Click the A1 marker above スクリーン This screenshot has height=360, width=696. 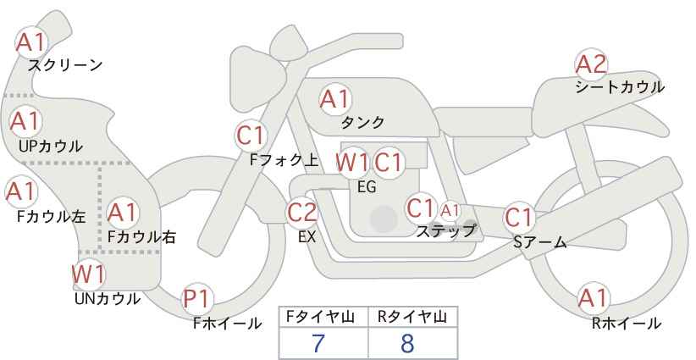30,42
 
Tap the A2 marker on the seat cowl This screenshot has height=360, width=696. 591,64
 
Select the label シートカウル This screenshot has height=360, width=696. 620,87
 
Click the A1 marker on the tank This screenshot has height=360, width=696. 335,99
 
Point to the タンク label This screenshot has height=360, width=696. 362,122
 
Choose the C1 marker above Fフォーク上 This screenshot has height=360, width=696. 251,136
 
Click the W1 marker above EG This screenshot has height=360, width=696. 351,163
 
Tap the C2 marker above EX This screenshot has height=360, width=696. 301,212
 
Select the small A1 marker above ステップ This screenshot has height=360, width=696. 450,211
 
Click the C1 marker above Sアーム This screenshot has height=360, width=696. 518,218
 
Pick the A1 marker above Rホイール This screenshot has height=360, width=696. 593,298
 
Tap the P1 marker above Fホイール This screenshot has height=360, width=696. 196,299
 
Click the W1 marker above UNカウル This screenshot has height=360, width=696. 88,274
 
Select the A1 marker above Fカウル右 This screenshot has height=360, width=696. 122,213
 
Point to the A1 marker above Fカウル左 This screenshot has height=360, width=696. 20,191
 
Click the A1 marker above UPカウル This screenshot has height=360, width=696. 25,121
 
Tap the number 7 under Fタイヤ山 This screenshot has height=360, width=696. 318,343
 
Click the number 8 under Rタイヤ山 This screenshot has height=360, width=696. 407,343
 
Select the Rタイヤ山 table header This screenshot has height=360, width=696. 412,317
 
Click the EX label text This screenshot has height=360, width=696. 307,237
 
